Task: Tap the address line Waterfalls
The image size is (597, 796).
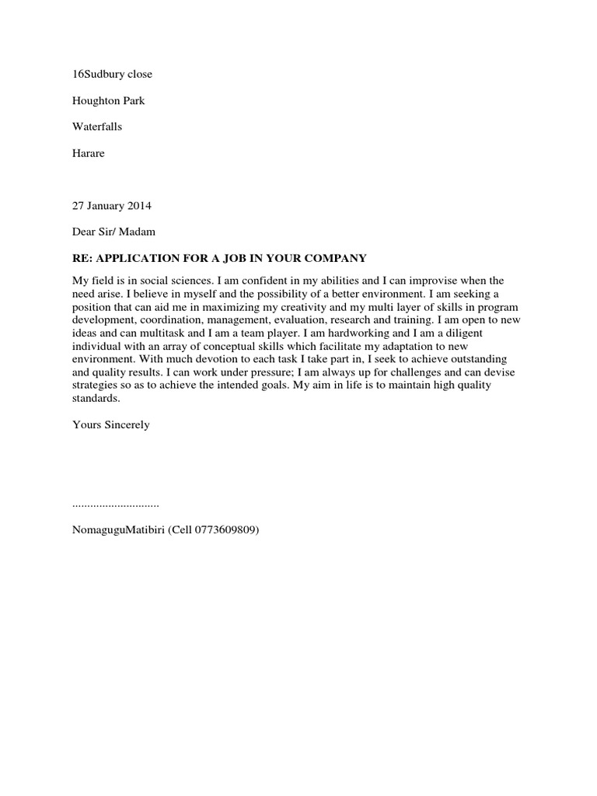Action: pos(97,127)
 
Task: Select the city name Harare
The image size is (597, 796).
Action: pos(88,153)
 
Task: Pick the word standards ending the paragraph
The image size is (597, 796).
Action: pos(96,399)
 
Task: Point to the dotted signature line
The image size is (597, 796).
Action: pos(115,504)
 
